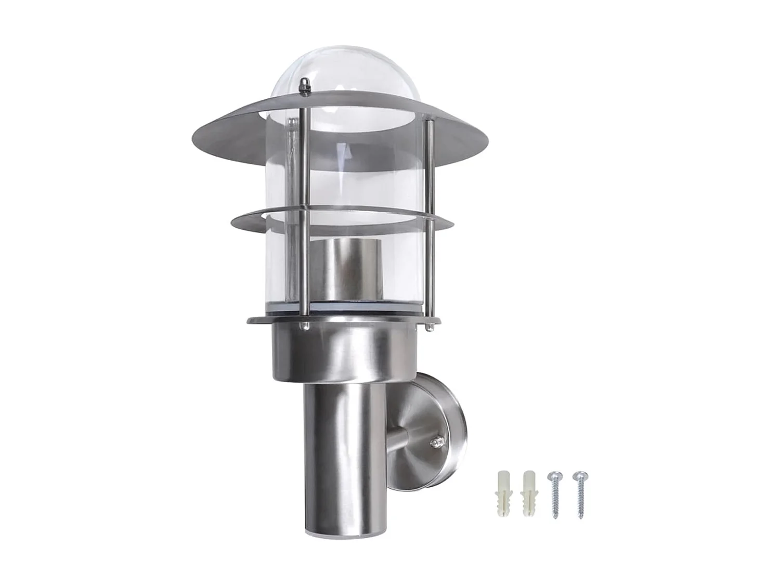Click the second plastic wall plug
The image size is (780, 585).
point(528,494)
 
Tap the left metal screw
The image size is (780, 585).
point(554,494)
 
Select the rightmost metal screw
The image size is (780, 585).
point(579,494)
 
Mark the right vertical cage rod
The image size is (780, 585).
point(429,224)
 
